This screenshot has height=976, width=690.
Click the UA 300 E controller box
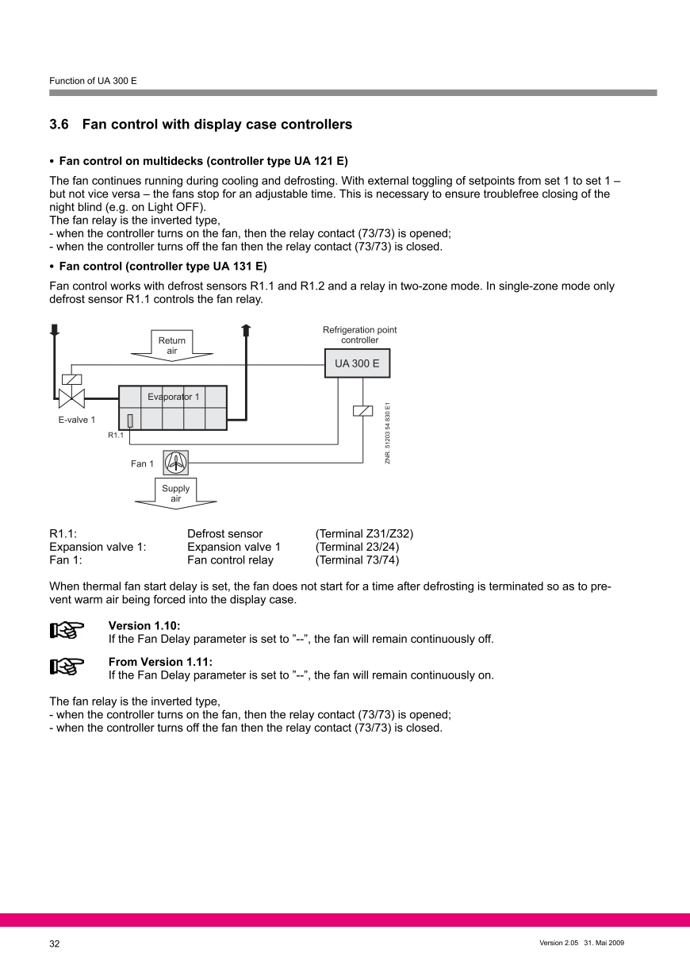(357, 364)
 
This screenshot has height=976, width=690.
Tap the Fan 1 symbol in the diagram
(175, 462)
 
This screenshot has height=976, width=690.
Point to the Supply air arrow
(175, 493)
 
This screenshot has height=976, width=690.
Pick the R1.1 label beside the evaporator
(116, 435)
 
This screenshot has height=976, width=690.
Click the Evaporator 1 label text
(173, 396)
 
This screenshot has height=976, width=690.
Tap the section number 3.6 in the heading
(59, 125)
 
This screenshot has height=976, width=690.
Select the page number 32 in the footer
(55, 943)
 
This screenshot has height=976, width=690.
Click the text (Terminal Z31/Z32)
(364, 534)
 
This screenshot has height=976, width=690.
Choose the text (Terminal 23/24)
(357, 547)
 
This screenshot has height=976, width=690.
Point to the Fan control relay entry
(230, 560)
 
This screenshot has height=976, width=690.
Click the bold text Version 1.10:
(144, 625)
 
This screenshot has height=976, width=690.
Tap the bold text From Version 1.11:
(160, 662)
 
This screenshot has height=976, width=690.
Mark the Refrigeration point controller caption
(359, 335)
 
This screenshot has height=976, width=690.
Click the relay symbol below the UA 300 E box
(362, 410)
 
